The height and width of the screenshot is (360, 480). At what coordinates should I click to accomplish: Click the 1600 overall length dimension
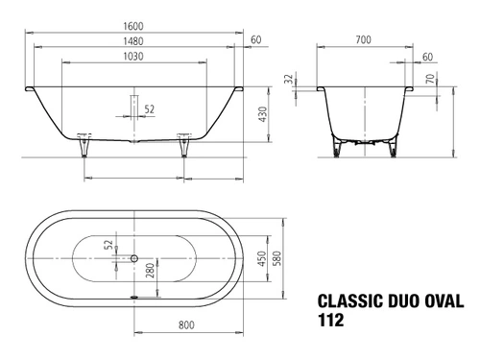coord(133,26)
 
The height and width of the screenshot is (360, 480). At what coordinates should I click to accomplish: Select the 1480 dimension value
coord(133,41)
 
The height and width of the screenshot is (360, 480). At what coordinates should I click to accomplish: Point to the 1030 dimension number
coord(133,57)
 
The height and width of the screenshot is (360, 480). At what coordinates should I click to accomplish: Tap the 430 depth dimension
coord(262,114)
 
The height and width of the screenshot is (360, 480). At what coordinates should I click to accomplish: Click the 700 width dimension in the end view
coord(363,39)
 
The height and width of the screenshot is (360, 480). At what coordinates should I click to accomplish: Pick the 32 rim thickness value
coord(289,79)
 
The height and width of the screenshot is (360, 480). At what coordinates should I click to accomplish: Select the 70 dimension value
coord(431,79)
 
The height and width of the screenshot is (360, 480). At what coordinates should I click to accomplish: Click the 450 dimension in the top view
coord(262,259)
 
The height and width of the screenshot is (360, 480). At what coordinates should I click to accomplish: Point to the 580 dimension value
coord(277,258)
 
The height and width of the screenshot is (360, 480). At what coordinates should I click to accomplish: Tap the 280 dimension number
coord(150,270)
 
